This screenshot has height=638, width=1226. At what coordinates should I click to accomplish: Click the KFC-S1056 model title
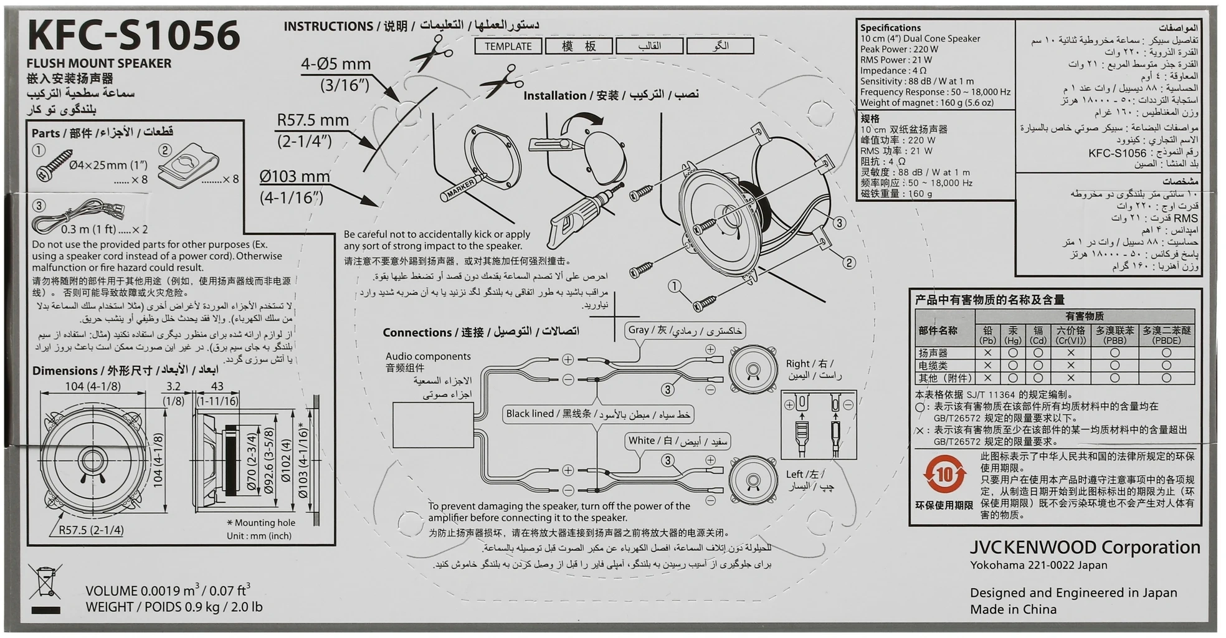coord(133,36)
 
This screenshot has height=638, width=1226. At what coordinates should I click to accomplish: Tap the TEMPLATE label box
coord(508,46)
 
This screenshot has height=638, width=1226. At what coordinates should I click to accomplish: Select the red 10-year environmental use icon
coord(944,475)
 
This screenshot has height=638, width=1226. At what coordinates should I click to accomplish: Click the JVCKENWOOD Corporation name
coord(1085,548)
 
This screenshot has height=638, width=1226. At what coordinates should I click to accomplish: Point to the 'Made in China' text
coord(1013,609)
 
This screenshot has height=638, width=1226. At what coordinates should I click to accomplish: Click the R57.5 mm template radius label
coord(312,130)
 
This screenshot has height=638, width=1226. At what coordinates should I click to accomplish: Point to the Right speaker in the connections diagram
coord(753,369)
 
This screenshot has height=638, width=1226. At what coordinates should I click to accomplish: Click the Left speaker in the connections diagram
coord(753,480)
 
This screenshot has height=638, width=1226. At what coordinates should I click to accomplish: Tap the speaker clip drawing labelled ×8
coord(188,165)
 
